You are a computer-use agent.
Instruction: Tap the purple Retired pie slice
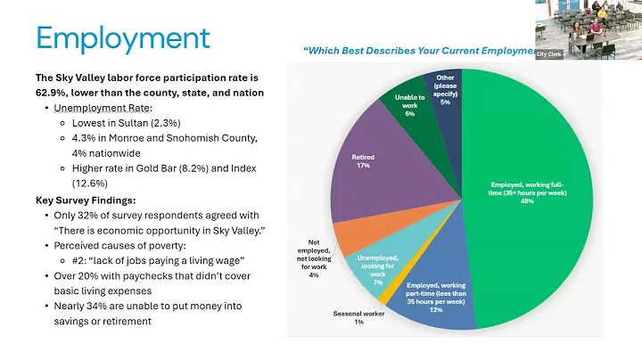[x=374, y=169]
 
